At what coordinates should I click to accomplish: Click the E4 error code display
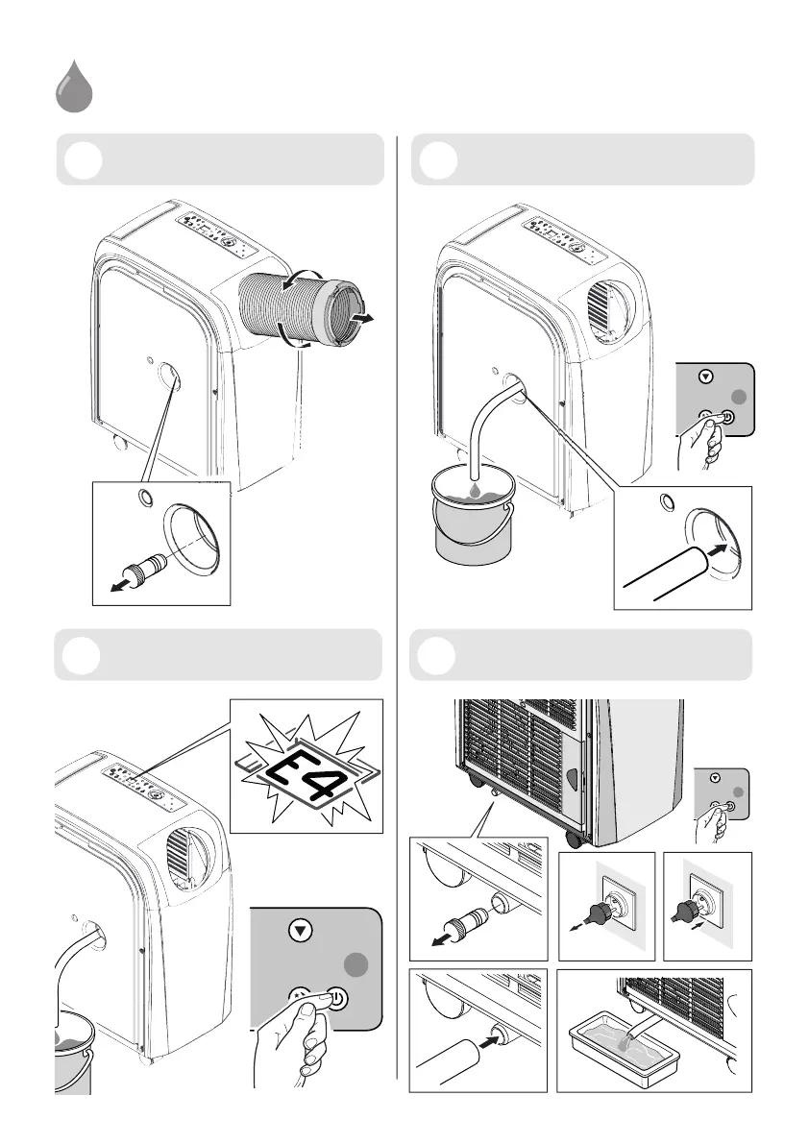[x=306, y=767]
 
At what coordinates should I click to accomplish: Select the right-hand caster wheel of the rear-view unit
[x=575, y=838]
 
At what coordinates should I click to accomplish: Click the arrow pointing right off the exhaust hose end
[x=364, y=318]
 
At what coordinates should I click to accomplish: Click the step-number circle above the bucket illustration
[x=437, y=159]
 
